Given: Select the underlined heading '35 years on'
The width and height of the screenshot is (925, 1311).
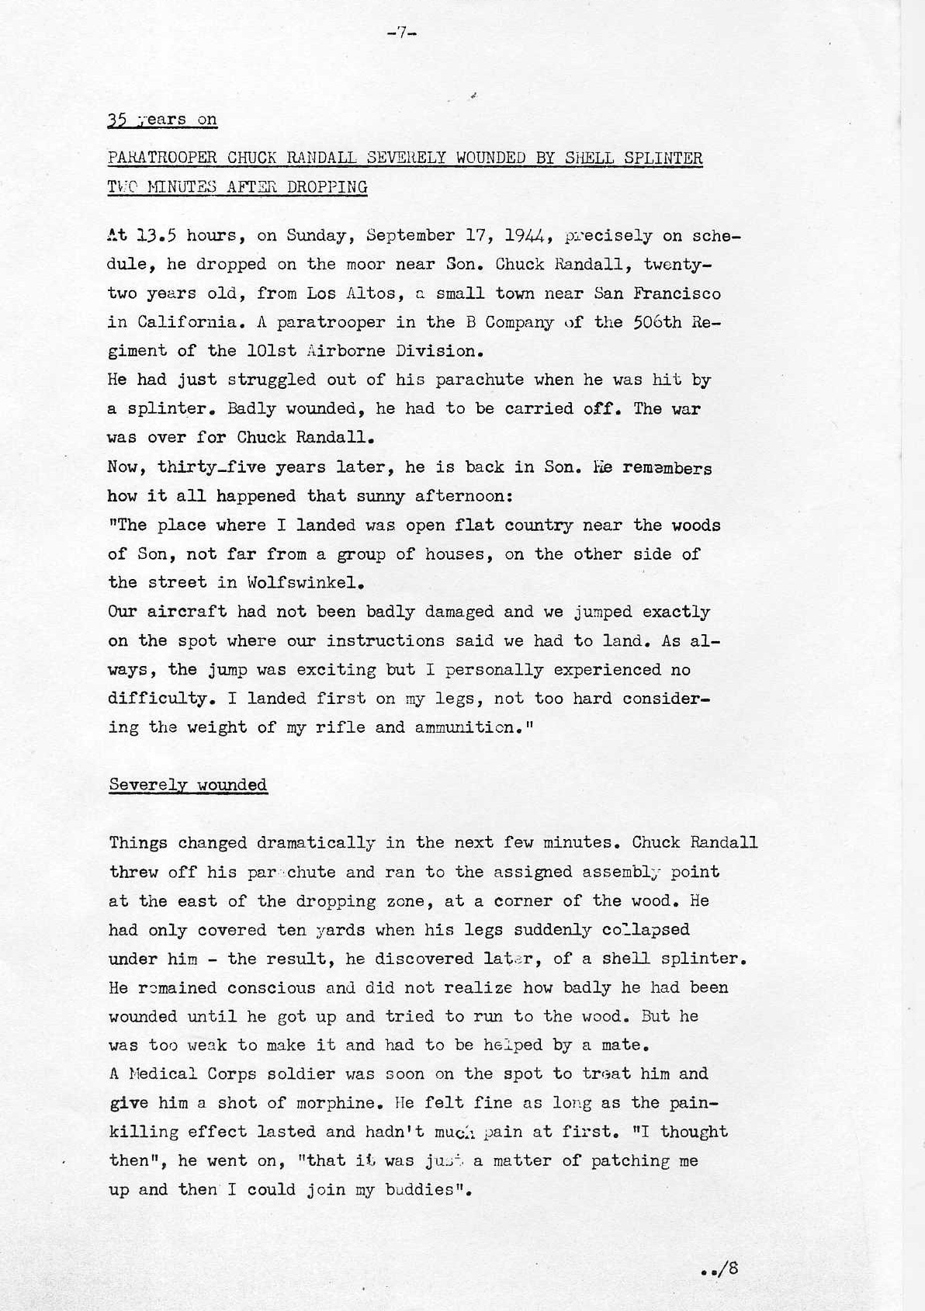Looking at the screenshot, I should (163, 120).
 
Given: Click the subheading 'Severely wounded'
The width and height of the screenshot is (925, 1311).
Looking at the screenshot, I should (188, 784).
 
